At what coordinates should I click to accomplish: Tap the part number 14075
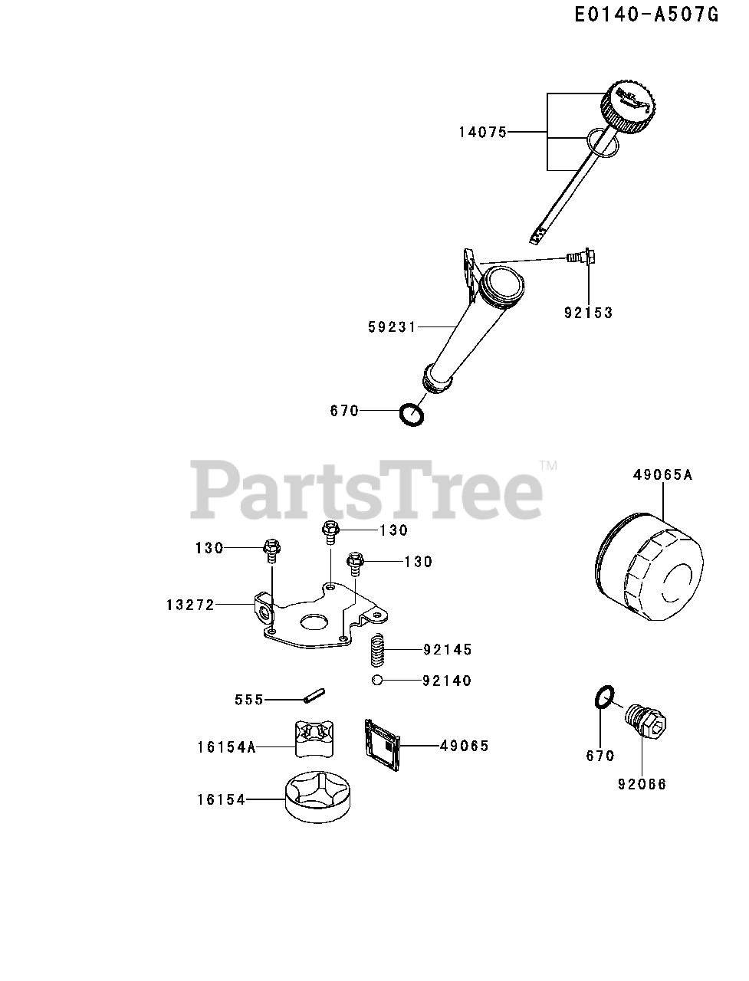pyautogui.click(x=483, y=133)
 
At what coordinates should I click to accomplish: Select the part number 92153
pyautogui.click(x=590, y=313)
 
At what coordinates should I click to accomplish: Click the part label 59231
pyautogui.click(x=391, y=327)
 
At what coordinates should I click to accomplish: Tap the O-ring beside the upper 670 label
pyautogui.click(x=412, y=415)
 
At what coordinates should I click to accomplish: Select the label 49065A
pyautogui.click(x=662, y=475)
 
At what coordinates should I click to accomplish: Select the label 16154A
pyautogui.click(x=225, y=746)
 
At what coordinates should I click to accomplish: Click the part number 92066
pyautogui.click(x=642, y=784)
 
